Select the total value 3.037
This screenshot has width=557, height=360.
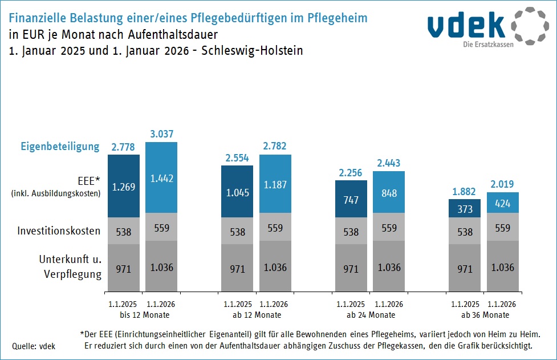(x=161, y=134)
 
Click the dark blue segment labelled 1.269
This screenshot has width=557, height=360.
(x=124, y=187)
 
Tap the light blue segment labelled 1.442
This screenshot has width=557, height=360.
(x=161, y=177)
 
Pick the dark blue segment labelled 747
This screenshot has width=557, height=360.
(x=351, y=199)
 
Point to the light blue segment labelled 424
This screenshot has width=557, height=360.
(x=502, y=203)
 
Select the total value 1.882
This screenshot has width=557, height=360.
(x=464, y=192)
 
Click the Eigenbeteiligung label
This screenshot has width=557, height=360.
(x=60, y=147)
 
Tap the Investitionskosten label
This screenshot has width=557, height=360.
(x=59, y=231)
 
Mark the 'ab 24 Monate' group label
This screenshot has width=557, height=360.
(x=370, y=315)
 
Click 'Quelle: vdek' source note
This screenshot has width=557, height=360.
(x=34, y=346)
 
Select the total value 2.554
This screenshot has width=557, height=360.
(x=237, y=157)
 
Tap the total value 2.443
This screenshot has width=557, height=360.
(x=389, y=163)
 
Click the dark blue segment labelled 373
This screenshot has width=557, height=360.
(x=464, y=209)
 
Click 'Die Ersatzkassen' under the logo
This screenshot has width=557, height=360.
(x=488, y=45)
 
